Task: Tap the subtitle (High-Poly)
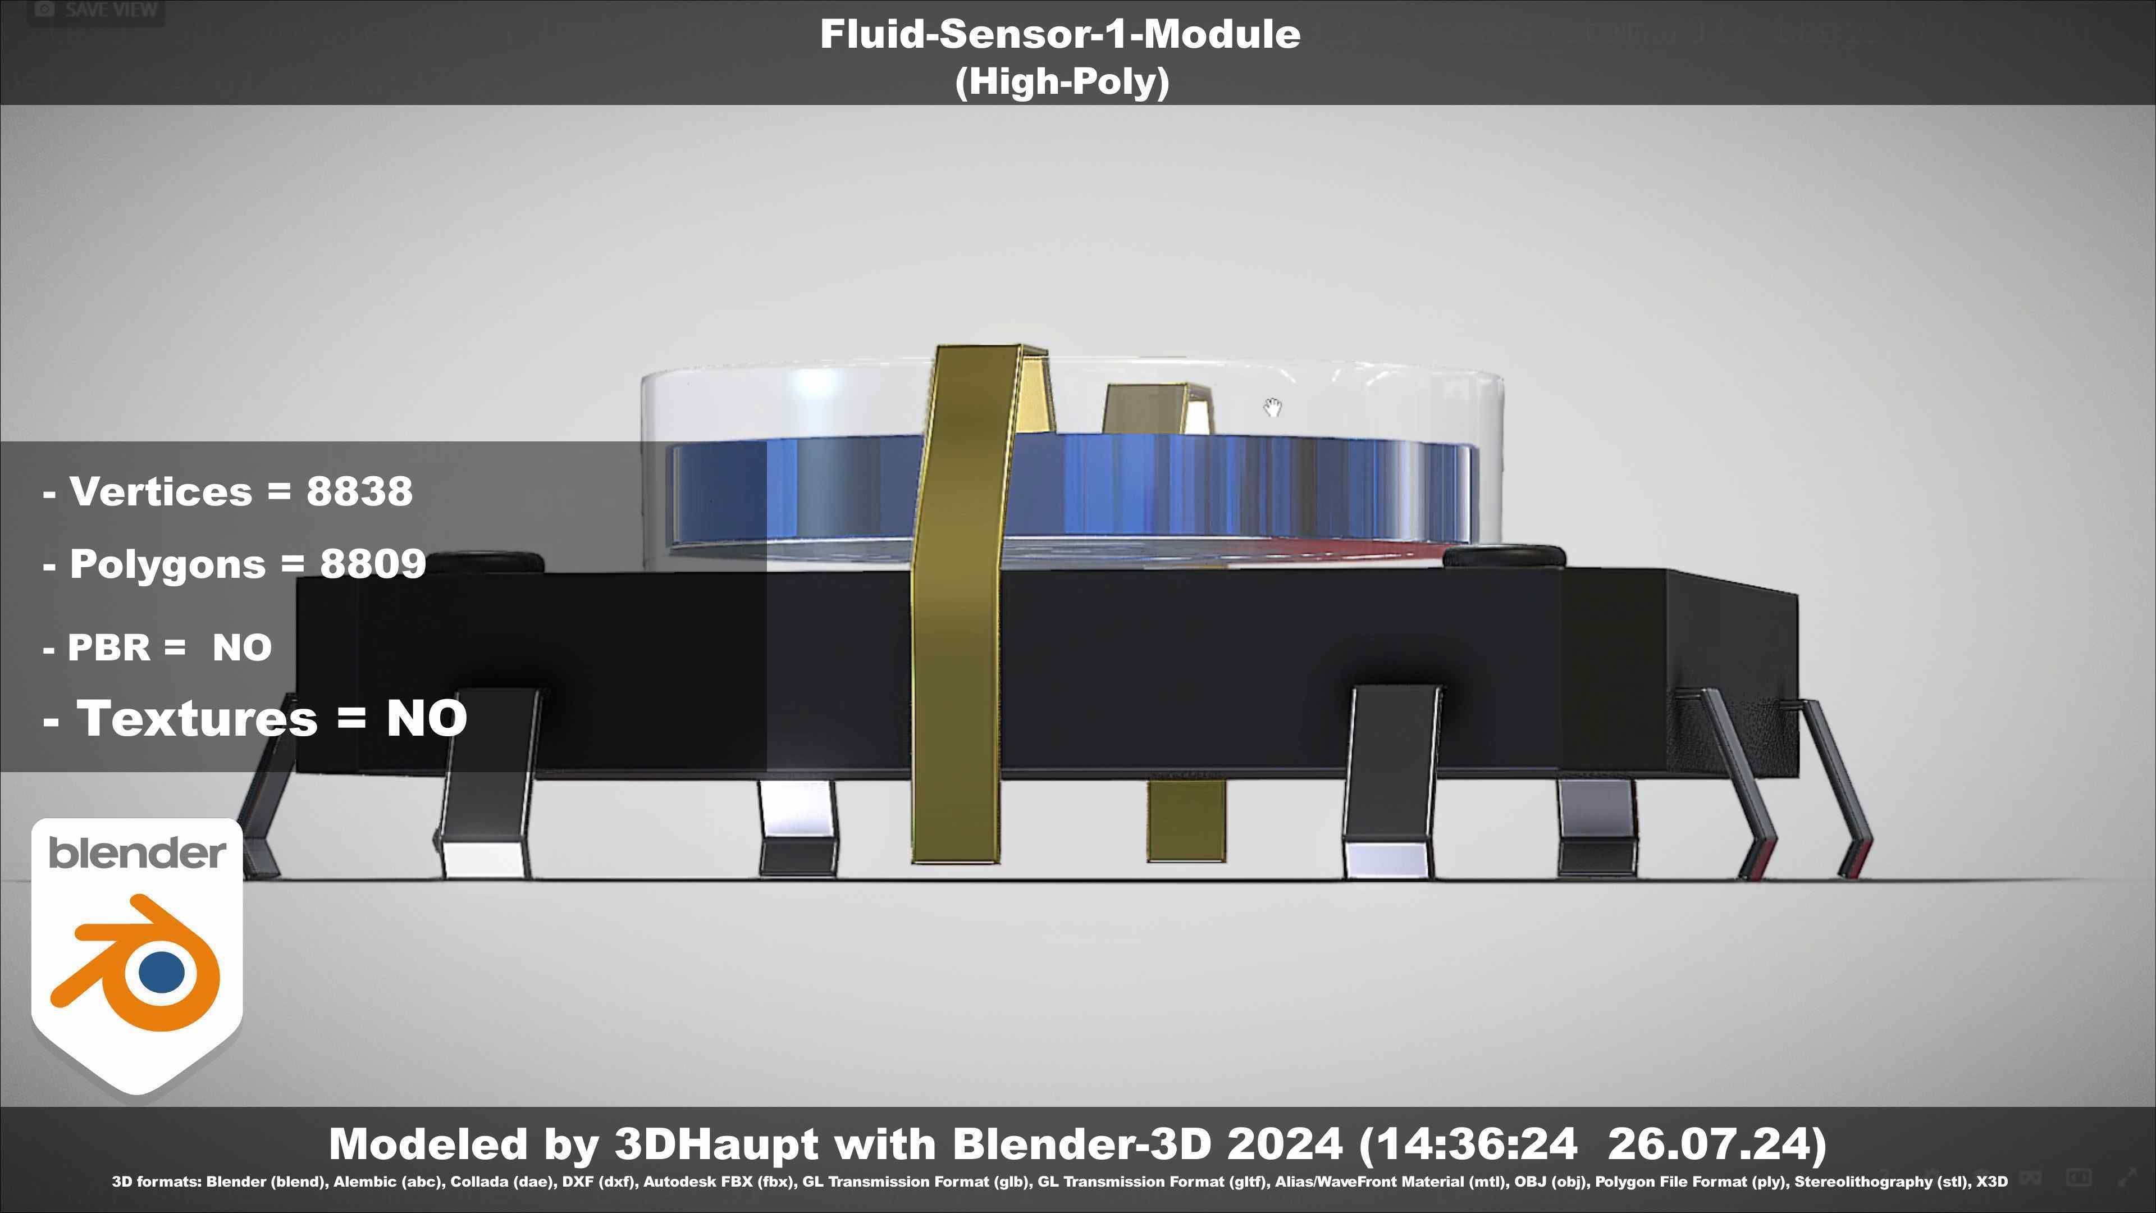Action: (x=1061, y=82)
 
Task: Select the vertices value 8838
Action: (x=359, y=491)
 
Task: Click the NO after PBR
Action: (x=242, y=647)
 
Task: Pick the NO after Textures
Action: (x=426, y=718)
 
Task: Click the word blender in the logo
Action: (x=137, y=854)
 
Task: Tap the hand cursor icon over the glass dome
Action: (x=1272, y=408)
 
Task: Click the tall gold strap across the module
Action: (x=957, y=603)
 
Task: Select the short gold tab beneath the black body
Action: (x=1185, y=820)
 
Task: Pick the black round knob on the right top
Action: (x=1505, y=557)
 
